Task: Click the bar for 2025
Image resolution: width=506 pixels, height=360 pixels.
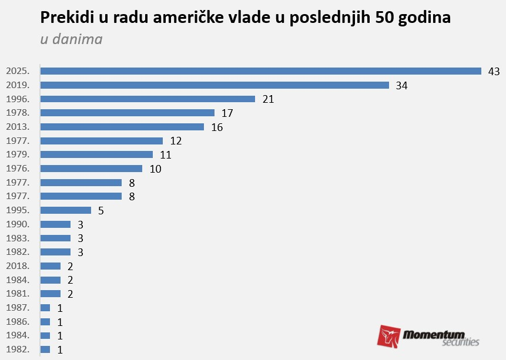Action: click(x=260, y=71)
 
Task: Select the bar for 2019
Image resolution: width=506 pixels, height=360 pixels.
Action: click(x=215, y=85)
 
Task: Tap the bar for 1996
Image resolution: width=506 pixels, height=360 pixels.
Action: click(x=148, y=99)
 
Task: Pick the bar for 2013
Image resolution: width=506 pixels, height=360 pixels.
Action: click(x=122, y=127)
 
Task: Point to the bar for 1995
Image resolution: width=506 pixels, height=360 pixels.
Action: click(x=65, y=210)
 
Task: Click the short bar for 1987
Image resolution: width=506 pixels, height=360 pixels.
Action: click(x=45, y=308)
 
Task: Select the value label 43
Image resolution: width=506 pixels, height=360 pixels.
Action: click(x=494, y=72)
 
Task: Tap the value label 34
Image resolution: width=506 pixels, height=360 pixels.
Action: click(x=402, y=86)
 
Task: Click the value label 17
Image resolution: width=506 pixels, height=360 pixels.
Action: click(x=227, y=113)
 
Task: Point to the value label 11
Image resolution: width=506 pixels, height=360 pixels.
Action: click(x=165, y=155)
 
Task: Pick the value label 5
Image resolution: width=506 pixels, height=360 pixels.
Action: click(x=101, y=211)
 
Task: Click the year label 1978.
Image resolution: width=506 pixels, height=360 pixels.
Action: click(x=17, y=113)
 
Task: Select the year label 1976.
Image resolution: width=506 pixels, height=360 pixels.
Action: click(x=17, y=169)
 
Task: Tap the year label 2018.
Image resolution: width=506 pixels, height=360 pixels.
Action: click(x=17, y=266)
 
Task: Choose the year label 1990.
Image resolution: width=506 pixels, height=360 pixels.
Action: click(x=17, y=224)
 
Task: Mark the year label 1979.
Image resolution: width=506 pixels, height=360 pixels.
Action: click(x=17, y=154)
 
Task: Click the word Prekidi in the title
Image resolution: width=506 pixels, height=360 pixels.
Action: click(x=65, y=18)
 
